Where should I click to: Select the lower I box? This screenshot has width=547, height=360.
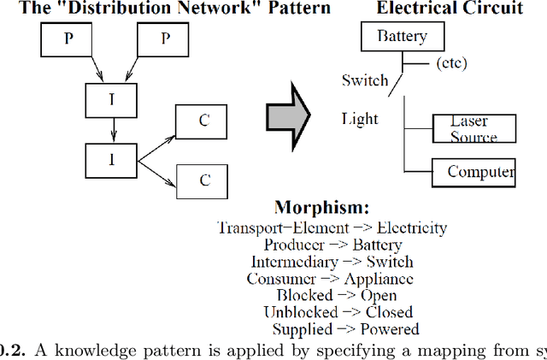[x=111, y=160]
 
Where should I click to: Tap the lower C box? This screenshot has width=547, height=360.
[x=203, y=180]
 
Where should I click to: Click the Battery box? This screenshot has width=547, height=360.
[x=401, y=38]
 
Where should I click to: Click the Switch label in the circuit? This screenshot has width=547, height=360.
[x=364, y=80]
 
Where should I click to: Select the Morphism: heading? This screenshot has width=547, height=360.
[x=321, y=208]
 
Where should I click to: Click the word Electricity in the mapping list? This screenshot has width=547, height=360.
[x=413, y=227]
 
